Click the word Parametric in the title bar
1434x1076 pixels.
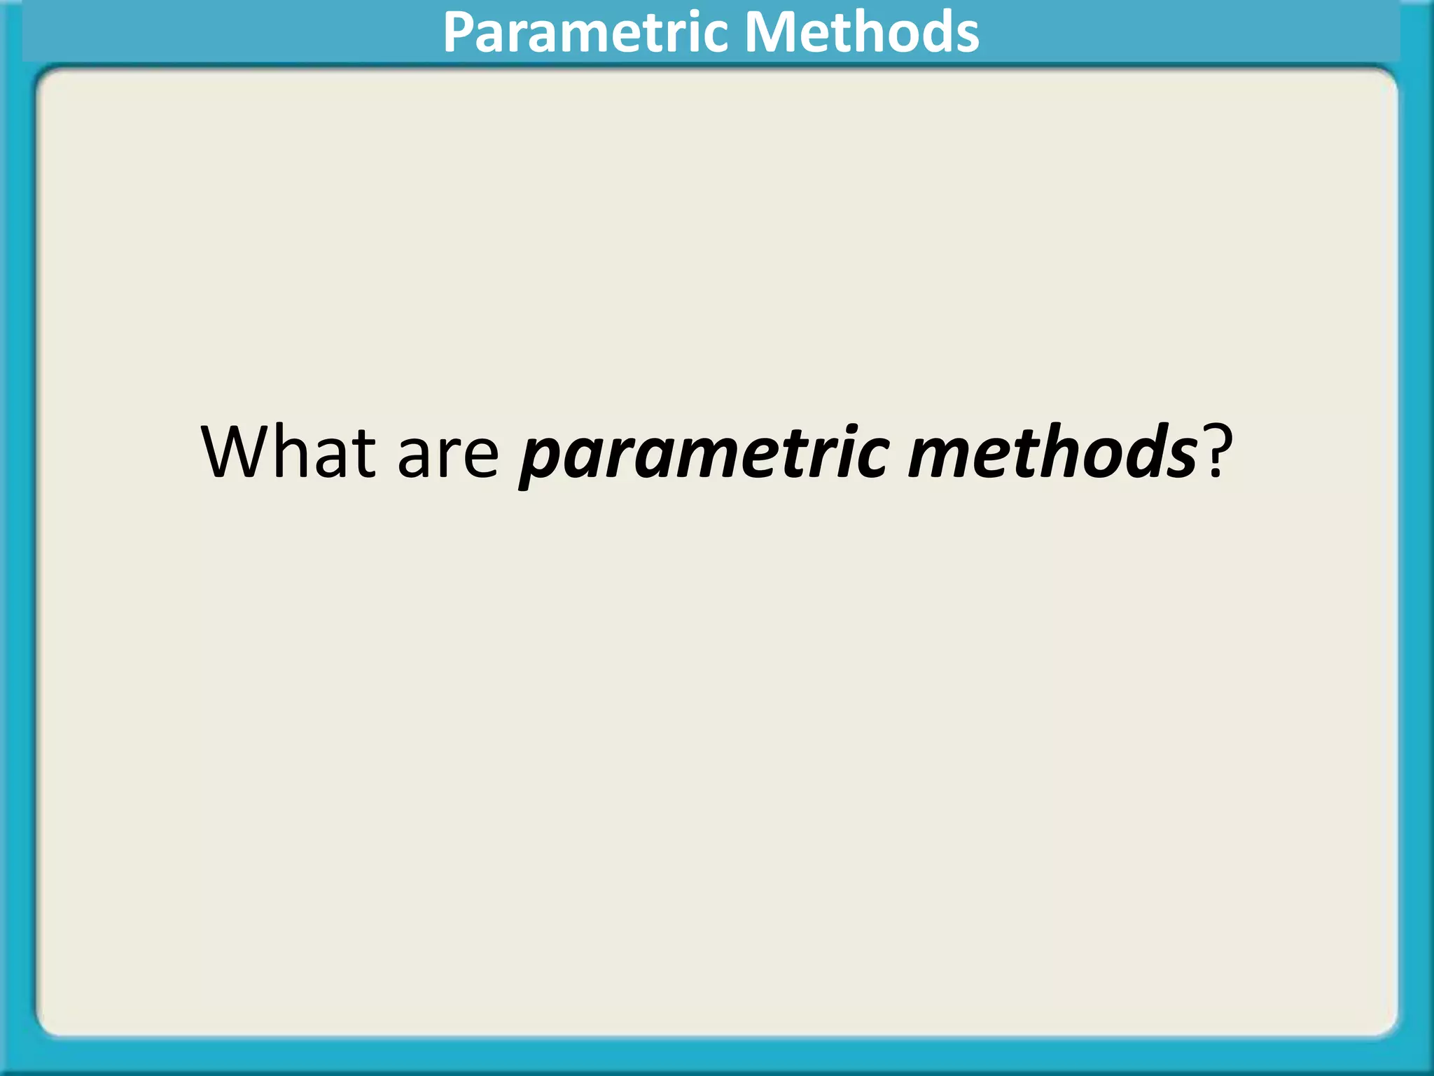click(587, 32)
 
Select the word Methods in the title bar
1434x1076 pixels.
click(861, 32)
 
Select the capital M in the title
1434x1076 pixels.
click(769, 32)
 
